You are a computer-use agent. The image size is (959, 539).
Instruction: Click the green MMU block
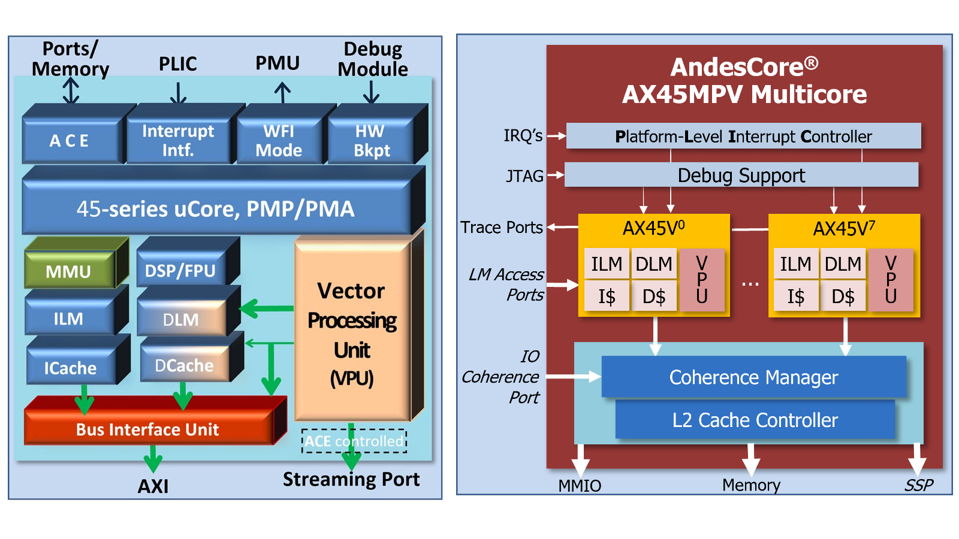click(69, 271)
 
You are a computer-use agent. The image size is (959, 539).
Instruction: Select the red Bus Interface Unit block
click(147, 429)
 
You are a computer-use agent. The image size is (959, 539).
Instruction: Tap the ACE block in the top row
click(70, 141)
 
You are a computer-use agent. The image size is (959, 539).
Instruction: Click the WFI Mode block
click(279, 141)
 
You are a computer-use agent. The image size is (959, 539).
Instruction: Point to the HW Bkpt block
click(371, 141)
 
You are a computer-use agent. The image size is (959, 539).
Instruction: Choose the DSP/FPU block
click(180, 271)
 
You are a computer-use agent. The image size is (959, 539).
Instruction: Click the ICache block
click(70, 367)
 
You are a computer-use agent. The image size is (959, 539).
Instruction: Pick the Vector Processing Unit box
click(352, 332)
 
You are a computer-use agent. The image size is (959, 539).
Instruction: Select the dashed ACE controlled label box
click(354, 441)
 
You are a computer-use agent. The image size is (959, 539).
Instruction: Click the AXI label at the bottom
click(153, 486)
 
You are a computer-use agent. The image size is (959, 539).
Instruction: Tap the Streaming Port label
click(351, 479)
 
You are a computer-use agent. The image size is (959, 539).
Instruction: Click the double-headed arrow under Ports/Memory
click(71, 92)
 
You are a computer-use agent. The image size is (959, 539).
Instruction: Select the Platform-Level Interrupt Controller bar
click(743, 136)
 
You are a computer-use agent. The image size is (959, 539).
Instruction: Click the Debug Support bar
click(741, 175)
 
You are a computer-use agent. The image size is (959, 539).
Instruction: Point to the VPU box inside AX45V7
click(891, 280)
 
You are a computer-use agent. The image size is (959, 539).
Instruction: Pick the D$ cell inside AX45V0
click(654, 296)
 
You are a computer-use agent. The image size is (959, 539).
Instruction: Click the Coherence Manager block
click(753, 377)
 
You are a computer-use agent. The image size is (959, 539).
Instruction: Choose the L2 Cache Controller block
click(755, 420)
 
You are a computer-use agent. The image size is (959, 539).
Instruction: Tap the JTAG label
click(524, 175)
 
